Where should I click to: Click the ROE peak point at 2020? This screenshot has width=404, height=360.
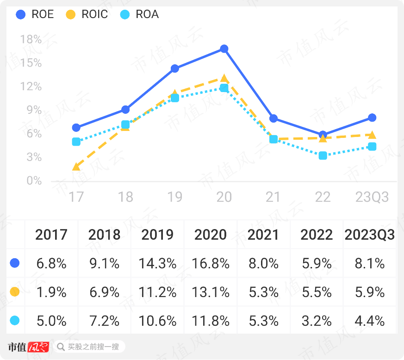tap(224, 49)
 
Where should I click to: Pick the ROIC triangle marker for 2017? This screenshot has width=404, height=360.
tap(76, 166)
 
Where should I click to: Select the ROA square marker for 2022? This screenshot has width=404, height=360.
tap(323, 155)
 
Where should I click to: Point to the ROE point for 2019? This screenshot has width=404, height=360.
tap(174, 68)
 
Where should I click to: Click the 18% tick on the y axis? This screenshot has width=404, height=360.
tap(31, 40)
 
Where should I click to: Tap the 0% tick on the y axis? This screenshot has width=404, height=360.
tap(34, 180)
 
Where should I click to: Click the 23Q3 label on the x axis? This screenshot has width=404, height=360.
tap(372, 197)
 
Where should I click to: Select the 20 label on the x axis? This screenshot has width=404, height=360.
tap(224, 197)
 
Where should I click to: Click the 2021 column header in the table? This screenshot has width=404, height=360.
tap(263, 235)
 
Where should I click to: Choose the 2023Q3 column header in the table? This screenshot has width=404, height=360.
tap(370, 235)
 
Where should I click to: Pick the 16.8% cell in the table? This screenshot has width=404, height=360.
tap(211, 263)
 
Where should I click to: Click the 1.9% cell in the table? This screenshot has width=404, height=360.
tap(51, 292)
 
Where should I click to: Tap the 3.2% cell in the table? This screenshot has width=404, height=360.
tap(317, 320)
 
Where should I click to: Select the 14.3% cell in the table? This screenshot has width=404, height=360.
tap(157, 263)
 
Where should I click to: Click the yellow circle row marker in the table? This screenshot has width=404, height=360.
tap(14, 292)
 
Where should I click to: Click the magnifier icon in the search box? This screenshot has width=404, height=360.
tap(61, 347)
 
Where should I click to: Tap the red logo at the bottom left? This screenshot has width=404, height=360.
tap(38, 347)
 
